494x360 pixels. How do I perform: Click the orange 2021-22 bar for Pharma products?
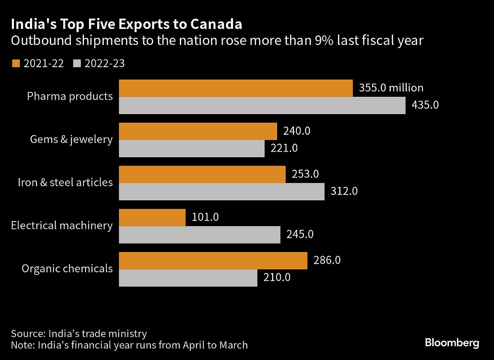235,88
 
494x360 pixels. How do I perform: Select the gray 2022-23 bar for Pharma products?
262,105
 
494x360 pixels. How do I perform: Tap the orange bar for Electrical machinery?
152,217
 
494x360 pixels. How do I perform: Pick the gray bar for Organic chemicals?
188,278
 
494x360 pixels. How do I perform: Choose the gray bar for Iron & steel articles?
221,192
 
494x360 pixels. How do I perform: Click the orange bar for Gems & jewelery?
198,131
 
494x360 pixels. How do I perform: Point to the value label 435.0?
425,105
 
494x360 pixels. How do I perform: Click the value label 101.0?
205,217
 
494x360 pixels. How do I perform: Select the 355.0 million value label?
391,88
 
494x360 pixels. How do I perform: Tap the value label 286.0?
327,261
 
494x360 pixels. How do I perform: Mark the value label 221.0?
284,148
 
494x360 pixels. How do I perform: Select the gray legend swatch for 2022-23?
77,63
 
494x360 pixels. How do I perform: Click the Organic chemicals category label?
67,269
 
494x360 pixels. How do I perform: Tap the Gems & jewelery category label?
71,139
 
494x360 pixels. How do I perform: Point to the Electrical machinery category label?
62,225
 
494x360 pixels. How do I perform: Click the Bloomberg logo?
452,343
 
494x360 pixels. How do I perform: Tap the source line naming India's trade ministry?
79,333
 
